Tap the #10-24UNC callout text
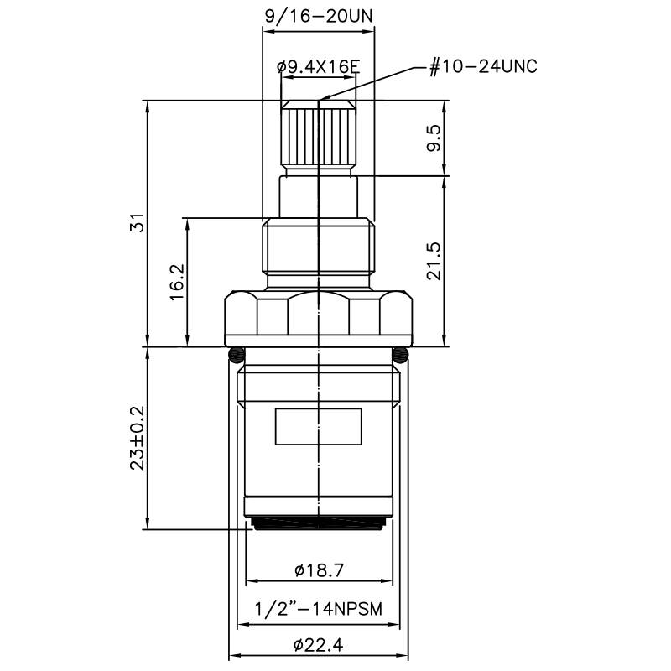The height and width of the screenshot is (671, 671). [483, 68]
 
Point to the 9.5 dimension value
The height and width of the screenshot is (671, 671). [433, 138]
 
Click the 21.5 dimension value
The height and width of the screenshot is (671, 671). [433, 261]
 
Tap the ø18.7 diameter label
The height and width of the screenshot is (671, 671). [319, 570]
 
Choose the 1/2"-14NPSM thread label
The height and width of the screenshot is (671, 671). [319, 609]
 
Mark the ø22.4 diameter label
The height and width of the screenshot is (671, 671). [319, 646]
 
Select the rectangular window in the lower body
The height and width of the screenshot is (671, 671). [319, 427]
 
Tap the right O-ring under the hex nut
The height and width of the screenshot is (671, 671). [402, 352]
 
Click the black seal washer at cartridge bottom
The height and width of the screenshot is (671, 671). [319, 524]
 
